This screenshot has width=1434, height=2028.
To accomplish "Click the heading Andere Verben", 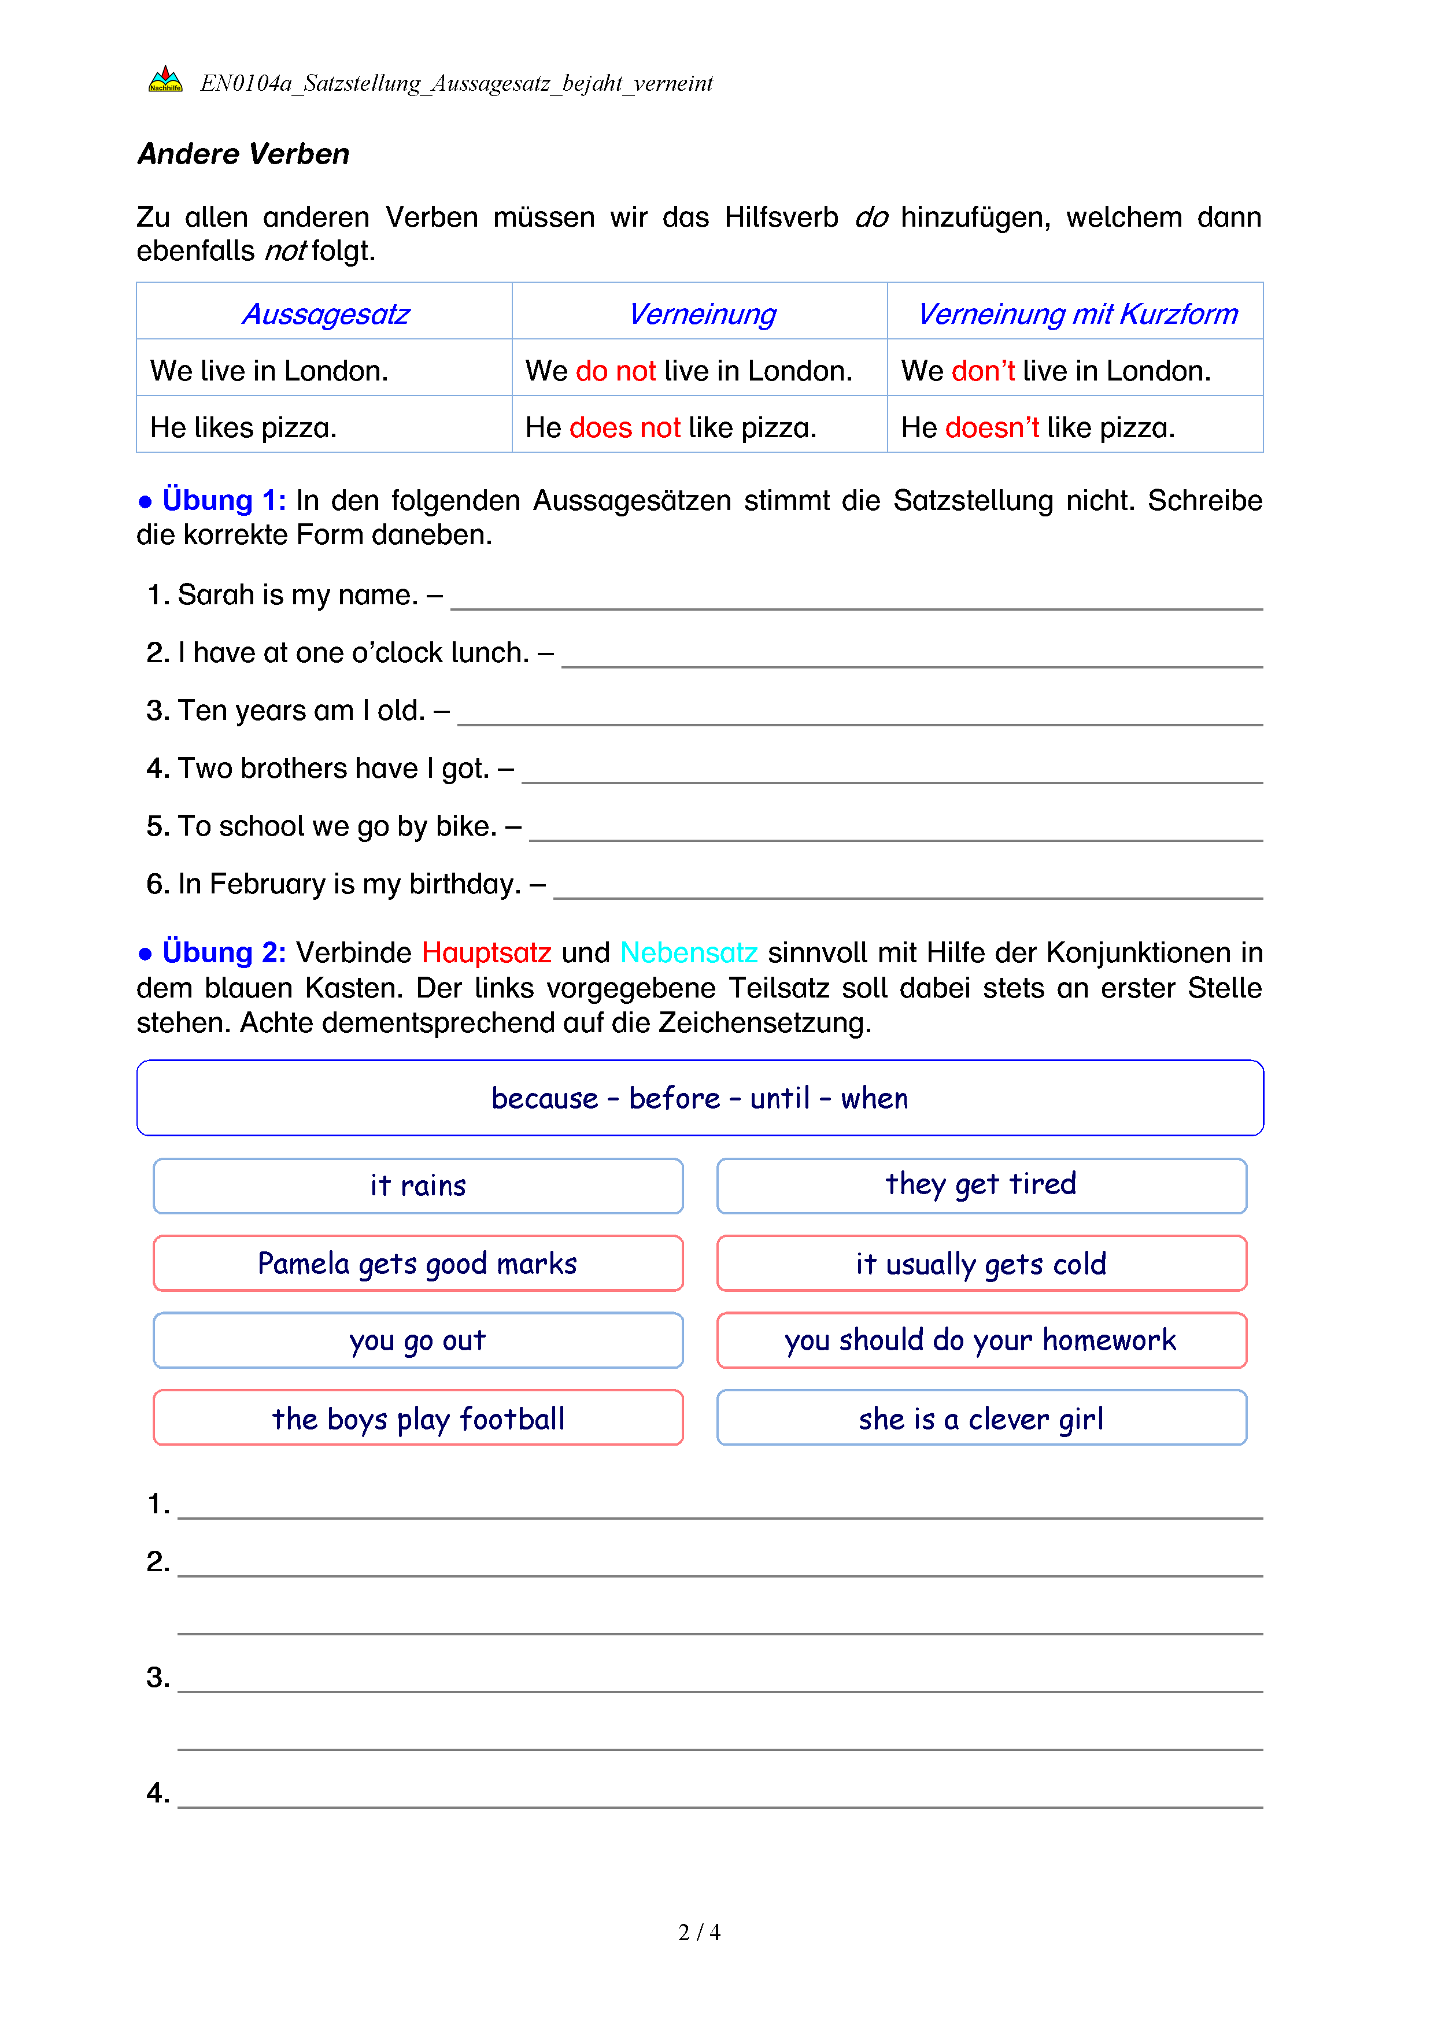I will pos(243,154).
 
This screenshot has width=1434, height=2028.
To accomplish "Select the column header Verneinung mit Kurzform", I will pos(1077,313).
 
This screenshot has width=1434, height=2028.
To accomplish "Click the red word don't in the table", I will pos(983,371).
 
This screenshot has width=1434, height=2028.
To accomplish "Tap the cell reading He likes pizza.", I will pos(243,427).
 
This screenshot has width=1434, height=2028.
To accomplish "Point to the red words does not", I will pos(624,427).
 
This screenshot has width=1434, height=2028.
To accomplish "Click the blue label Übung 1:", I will pos(223,500).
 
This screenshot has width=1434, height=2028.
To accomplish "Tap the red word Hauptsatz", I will pos(486,952).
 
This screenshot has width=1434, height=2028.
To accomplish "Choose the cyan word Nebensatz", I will pos(689,952).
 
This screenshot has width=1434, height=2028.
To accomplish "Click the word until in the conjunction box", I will pos(779,1098).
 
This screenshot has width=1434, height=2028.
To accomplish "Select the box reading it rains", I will pos(417,1185).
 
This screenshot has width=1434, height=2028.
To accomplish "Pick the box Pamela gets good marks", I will pos(417,1263).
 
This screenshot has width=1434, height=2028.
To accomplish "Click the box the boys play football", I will pos(417,1418).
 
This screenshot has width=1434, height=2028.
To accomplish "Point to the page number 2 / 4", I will pos(698,1932).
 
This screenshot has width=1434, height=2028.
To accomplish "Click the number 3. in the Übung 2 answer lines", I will pos(158,1678).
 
